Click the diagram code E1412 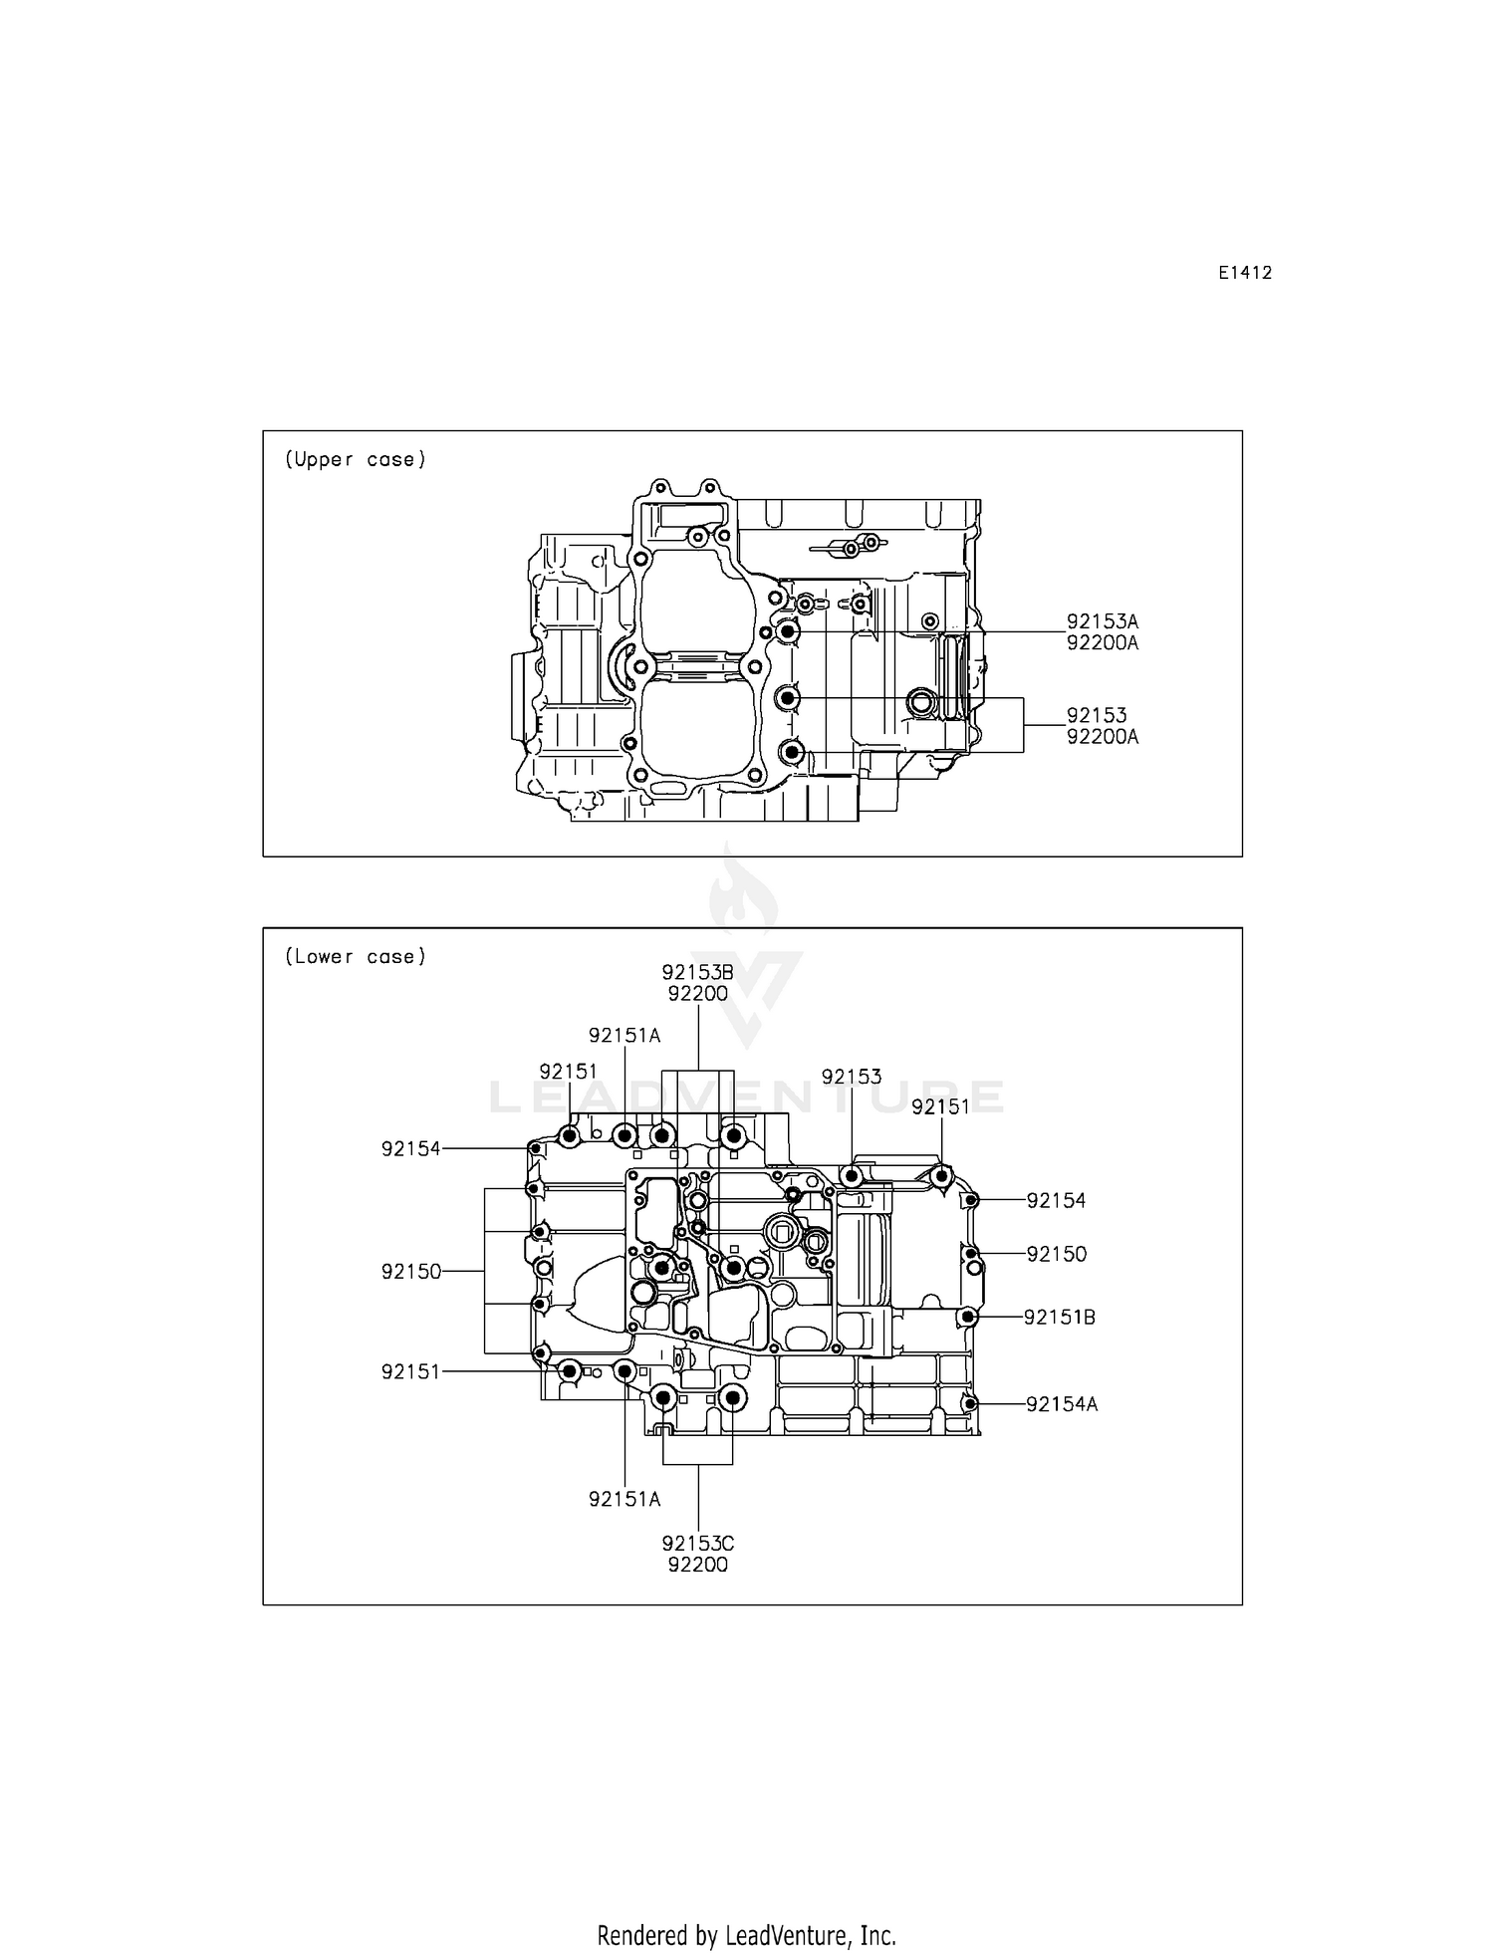click(1244, 273)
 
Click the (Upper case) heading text click(356, 459)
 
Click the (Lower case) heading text click(356, 956)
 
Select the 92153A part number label click(1102, 621)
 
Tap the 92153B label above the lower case click(697, 972)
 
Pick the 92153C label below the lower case click(697, 1543)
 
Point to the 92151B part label click(1060, 1317)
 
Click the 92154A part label click(1062, 1404)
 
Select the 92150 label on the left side click(410, 1272)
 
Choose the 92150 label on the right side click(1056, 1254)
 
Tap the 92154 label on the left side click(410, 1148)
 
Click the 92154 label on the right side click(1056, 1200)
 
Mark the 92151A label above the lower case click(624, 1035)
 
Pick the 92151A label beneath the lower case click(624, 1499)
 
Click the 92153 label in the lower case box click(852, 1077)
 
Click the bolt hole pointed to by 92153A click(788, 631)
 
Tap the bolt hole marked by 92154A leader click(969, 1403)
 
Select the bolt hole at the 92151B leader click(966, 1317)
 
